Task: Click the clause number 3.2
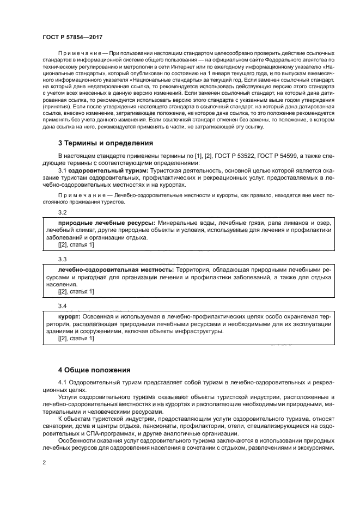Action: pyautogui.click(x=62, y=212)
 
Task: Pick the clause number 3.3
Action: pyautogui.click(x=62, y=259)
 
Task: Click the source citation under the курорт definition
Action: pyautogui.click(x=76, y=339)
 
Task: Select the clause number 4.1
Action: pyautogui.click(x=63, y=383)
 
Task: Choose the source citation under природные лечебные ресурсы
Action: pyautogui.click(x=76, y=246)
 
